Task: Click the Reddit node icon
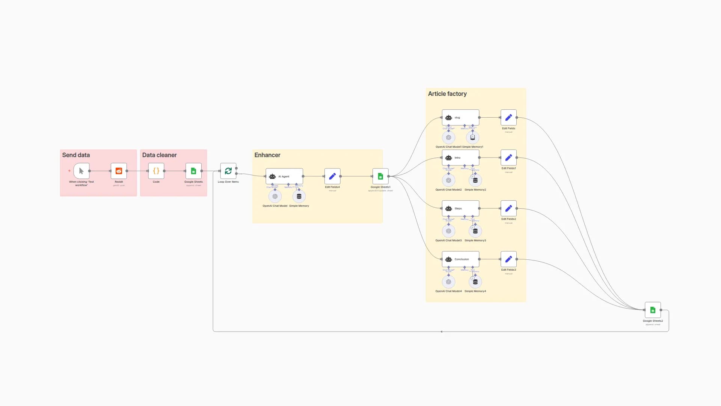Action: click(119, 171)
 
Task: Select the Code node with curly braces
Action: click(156, 171)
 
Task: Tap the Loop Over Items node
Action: click(228, 171)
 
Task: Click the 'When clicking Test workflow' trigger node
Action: click(81, 171)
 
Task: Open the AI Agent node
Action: click(284, 176)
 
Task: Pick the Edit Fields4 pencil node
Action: click(332, 176)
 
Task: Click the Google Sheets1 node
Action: click(380, 176)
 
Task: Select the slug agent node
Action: click(460, 118)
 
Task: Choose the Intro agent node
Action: click(460, 158)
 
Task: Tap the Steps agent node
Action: click(460, 209)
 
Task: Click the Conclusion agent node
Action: click(460, 259)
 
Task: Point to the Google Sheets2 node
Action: click(653, 310)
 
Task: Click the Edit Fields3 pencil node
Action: click(508, 259)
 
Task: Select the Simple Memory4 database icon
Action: click(475, 282)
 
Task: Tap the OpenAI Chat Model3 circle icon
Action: click(448, 231)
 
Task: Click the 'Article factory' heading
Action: click(447, 94)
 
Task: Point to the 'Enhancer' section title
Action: click(267, 155)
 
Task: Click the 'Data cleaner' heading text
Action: click(159, 155)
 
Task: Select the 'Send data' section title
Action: click(76, 155)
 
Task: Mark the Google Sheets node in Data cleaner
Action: click(193, 171)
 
